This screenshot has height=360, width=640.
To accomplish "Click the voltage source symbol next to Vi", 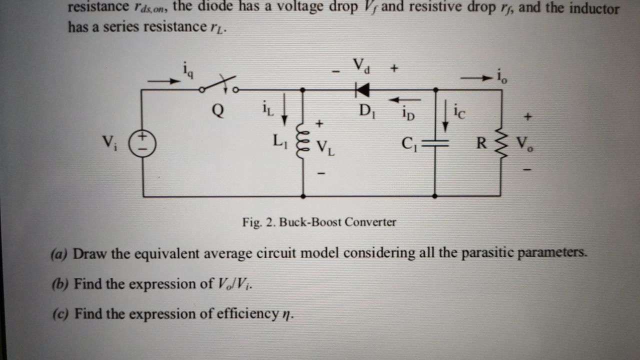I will coord(142,141).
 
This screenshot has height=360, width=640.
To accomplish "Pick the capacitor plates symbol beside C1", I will coord(434,143).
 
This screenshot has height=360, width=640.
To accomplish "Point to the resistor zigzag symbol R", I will coord(500,143).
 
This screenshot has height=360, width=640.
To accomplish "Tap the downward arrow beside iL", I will coord(284,112).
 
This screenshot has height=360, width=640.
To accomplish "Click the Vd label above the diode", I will coord(361,66).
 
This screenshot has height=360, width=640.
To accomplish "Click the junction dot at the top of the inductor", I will coord(303,90).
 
